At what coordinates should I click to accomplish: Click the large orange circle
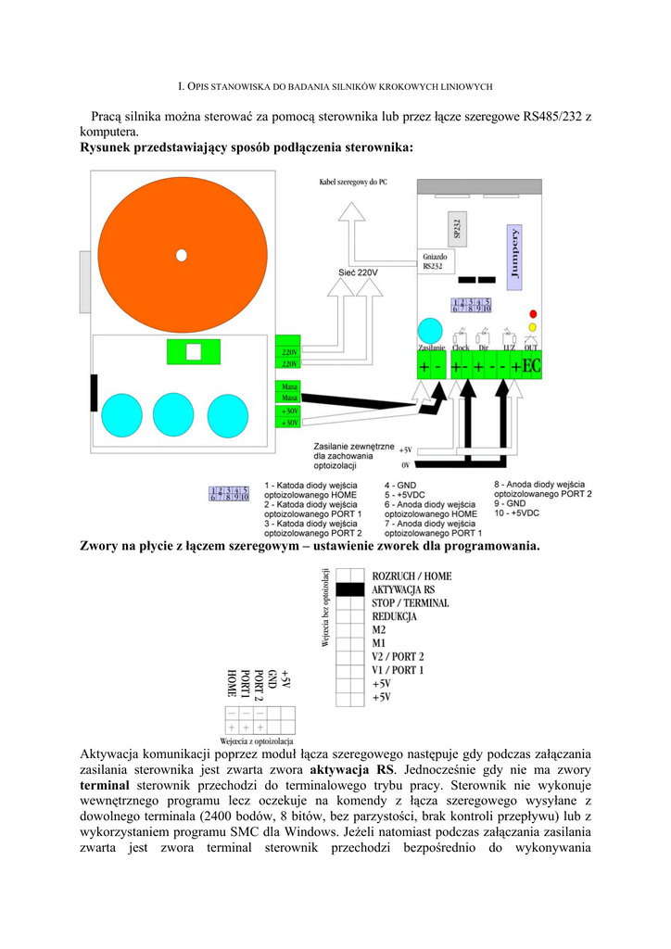182,255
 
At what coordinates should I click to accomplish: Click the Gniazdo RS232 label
435,261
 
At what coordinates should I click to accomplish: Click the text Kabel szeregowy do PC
352,183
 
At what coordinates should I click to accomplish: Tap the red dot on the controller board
532,314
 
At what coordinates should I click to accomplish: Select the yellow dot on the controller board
532,327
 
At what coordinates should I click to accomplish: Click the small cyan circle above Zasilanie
430,331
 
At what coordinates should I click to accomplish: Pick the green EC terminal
531,367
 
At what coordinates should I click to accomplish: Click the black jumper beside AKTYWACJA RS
348,589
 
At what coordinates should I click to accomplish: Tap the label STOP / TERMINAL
410,603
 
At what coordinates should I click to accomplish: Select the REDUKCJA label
394,616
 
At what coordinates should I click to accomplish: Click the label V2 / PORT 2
398,656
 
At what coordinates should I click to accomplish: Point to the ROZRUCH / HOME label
411,576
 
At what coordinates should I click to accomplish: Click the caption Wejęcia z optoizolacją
257,741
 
